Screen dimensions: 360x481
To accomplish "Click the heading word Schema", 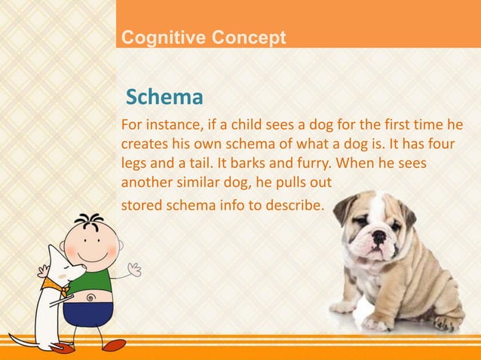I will click(164, 98).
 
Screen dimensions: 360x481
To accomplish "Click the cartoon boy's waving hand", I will click(134, 268).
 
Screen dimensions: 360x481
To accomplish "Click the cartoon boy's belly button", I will click(91, 297).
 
